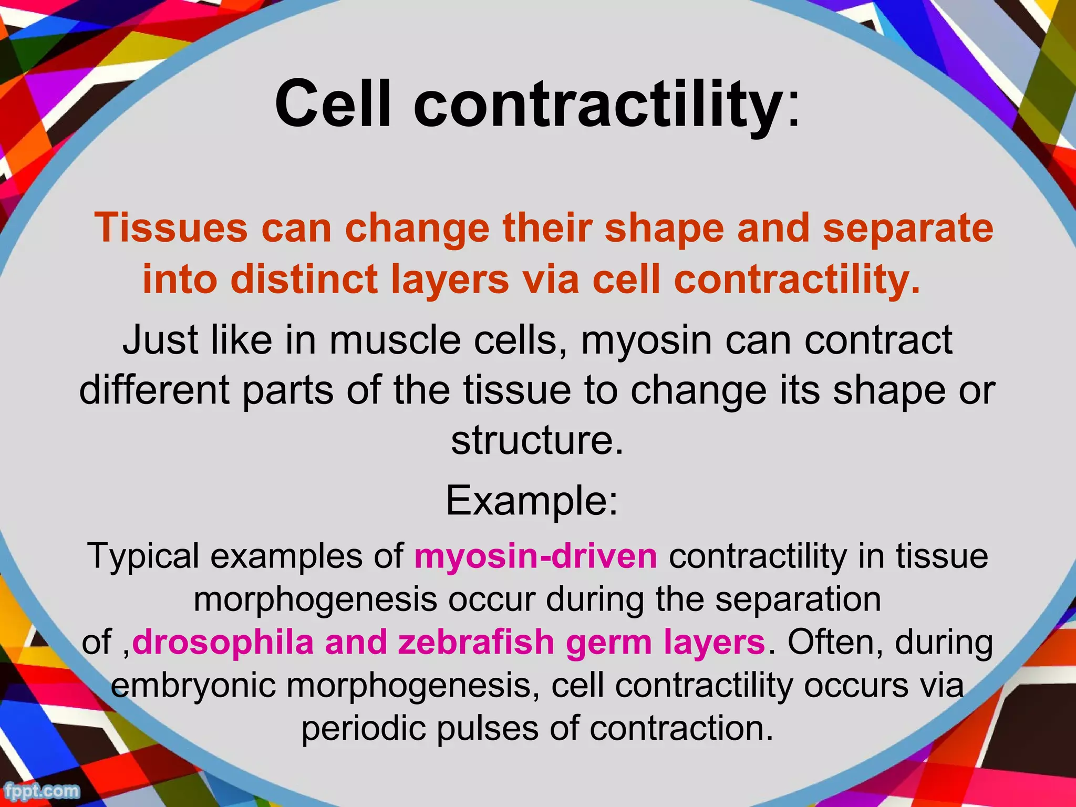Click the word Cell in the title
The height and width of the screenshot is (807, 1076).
333,103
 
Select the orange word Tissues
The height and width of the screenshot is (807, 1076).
171,229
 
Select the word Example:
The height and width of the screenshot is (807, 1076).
532,501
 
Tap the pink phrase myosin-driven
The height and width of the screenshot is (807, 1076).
535,556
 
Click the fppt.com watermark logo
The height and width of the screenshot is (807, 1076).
41,791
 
